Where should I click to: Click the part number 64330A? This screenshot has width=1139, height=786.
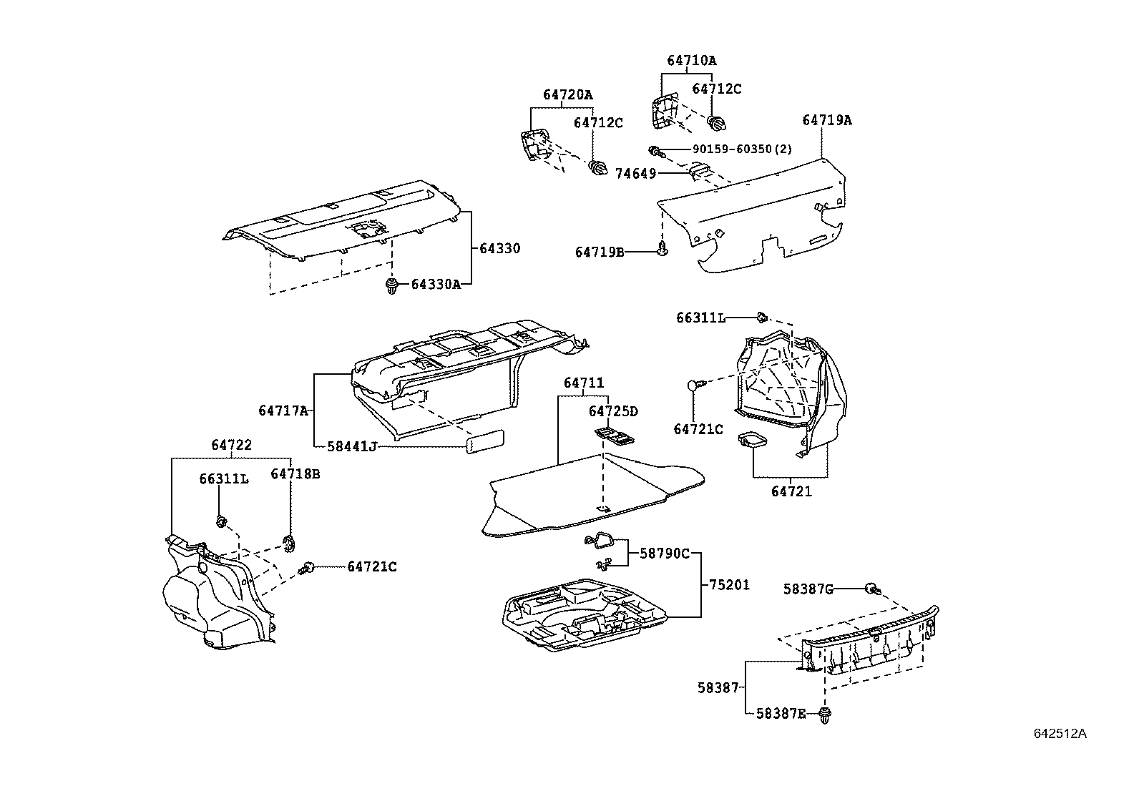pos(436,285)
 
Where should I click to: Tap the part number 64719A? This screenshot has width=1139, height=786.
pos(826,121)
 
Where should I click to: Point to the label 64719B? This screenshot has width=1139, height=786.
pos(600,252)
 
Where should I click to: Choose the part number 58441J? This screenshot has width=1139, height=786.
pos(352,446)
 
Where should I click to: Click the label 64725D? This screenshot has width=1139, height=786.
pos(613,411)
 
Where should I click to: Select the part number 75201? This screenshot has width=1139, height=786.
pos(729,585)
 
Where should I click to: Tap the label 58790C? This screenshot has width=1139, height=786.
pos(665,553)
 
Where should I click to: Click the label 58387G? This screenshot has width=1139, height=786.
pos(808,589)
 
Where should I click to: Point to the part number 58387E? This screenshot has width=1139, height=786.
pos(781,713)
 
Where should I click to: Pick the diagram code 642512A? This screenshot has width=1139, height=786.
pos(1060,734)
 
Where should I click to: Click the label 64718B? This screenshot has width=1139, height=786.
pos(295,473)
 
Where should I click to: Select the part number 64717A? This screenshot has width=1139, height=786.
pos(283,411)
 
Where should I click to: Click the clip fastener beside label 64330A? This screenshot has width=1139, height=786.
pos(391,286)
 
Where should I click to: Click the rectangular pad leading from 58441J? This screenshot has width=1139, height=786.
pos(485,441)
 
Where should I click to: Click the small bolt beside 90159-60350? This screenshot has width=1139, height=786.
pos(655,151)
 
